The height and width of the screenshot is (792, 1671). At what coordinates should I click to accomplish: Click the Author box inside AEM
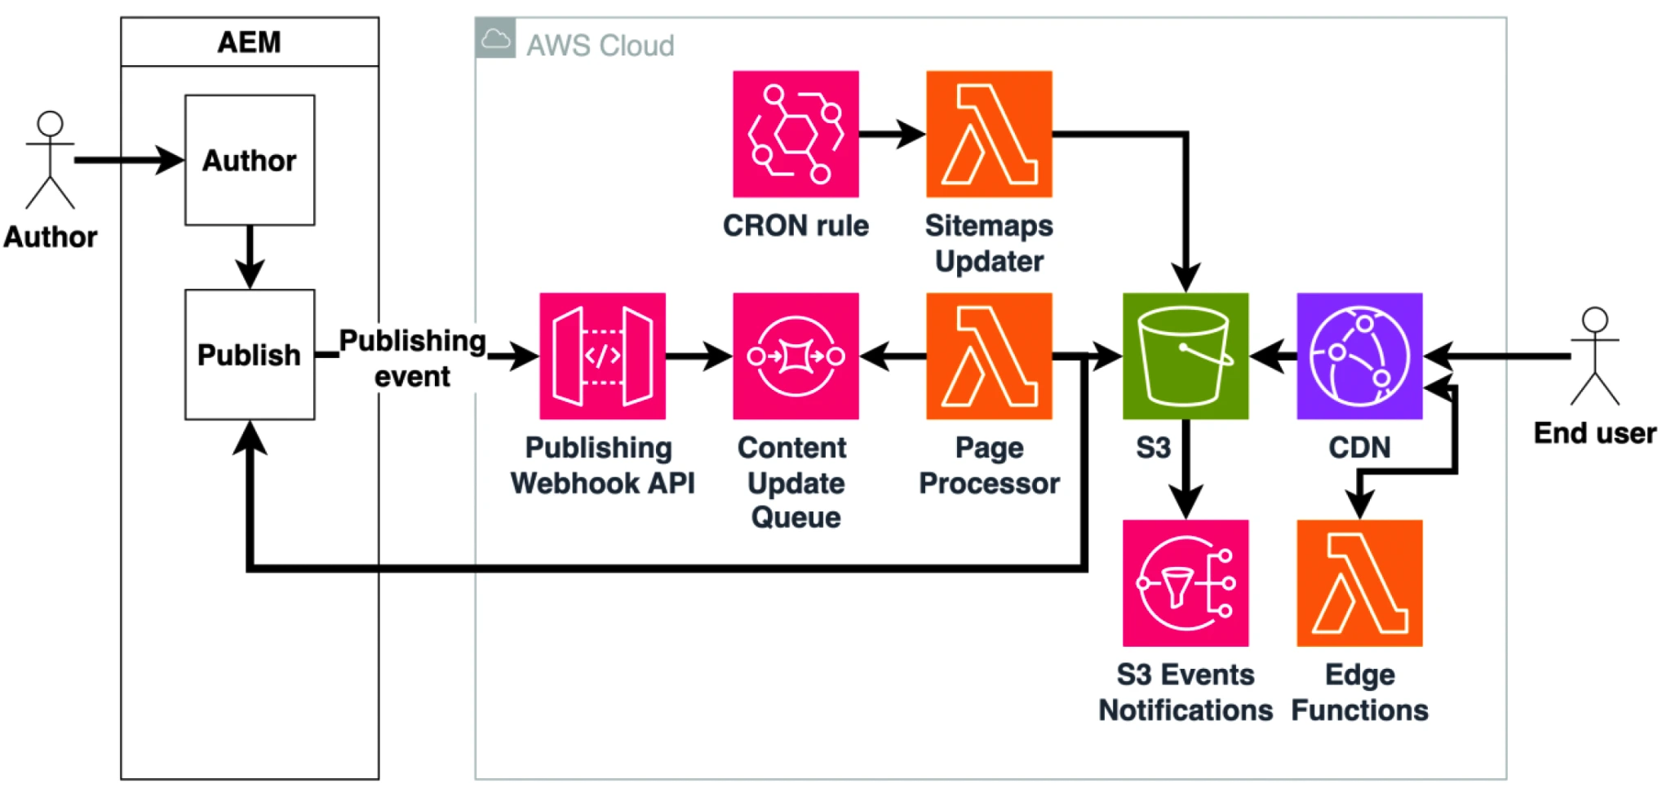250,160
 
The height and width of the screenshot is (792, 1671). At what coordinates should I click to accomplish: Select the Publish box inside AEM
250,355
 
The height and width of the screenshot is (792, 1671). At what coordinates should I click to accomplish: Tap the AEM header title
249,42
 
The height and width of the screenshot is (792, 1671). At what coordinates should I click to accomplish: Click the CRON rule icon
796,134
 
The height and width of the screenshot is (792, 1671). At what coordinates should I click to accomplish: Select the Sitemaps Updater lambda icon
989,134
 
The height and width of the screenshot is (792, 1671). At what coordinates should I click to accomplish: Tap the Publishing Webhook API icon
602,356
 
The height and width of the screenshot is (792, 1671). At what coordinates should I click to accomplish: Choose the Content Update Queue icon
796,356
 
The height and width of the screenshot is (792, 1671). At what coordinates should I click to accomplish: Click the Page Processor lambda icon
989,356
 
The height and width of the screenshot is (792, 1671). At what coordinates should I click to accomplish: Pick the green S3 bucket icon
1185,356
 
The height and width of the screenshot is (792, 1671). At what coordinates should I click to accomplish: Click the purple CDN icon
1359,356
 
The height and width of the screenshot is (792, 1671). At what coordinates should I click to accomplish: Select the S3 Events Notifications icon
1185,582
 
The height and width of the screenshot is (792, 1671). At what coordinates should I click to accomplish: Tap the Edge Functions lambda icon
1359,582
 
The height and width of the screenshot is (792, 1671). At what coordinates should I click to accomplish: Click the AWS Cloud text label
600,45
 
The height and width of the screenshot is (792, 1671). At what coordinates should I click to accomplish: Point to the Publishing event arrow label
412,358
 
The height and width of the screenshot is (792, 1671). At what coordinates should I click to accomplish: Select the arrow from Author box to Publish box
250,256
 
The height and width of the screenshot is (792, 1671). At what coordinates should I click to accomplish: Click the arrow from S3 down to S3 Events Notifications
1185,469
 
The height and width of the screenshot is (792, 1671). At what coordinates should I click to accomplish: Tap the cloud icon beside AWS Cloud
495,38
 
